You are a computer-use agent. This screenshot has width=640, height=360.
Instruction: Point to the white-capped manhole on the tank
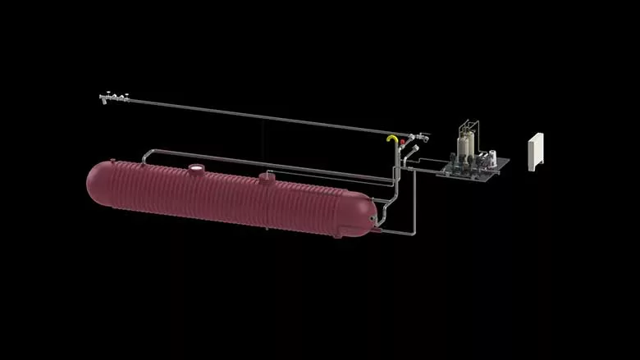(197, 170)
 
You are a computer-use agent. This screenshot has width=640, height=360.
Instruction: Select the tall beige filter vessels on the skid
(464, 147)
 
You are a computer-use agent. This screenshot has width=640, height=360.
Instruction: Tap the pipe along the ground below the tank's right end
(394, 233)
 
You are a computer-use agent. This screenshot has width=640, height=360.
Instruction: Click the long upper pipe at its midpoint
(263, 116)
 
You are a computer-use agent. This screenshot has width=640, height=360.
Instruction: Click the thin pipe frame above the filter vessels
(467, 127)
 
